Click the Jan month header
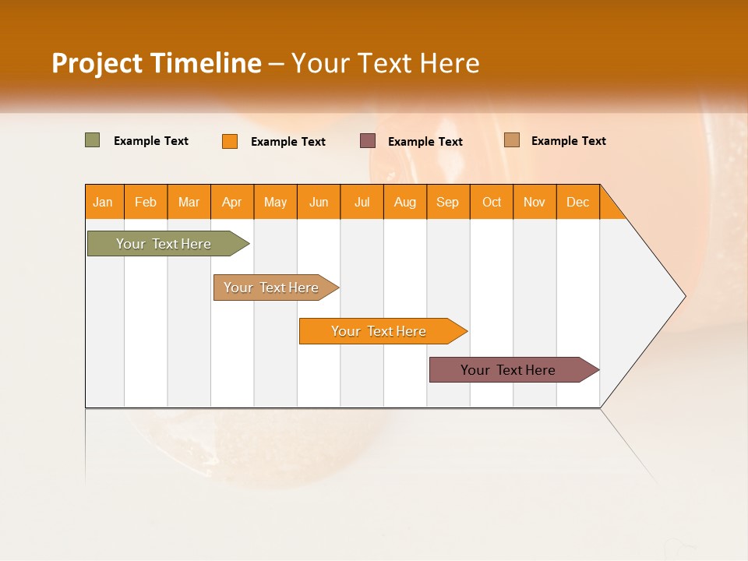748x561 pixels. coord(104,202)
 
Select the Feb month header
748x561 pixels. coord(146,202)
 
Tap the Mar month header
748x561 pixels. coord(189,202)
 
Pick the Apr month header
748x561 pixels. coord(232,202)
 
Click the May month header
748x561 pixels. coord(275,202)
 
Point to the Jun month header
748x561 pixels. coord(319,202)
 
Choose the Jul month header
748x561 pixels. coord(362,202)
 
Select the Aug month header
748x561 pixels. coord(405,202)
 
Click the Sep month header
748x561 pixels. coord(448,202)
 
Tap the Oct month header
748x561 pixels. coord(492,202)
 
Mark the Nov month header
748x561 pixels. coord(535,202)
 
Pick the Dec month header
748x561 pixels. coord(578,202)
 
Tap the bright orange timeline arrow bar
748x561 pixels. coord(379,331)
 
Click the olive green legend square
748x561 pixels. coord(93,140)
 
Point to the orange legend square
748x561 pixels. coord(230,141)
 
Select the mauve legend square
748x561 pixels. coord(368,140)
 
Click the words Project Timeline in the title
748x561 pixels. coord(157,63)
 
